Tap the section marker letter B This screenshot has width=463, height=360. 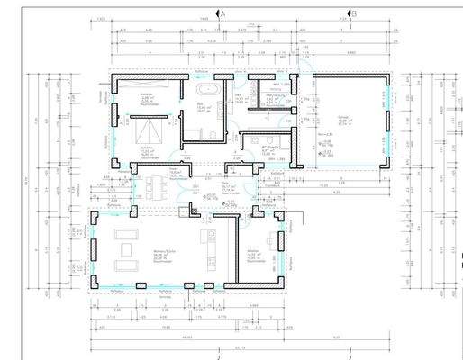(353, 14)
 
